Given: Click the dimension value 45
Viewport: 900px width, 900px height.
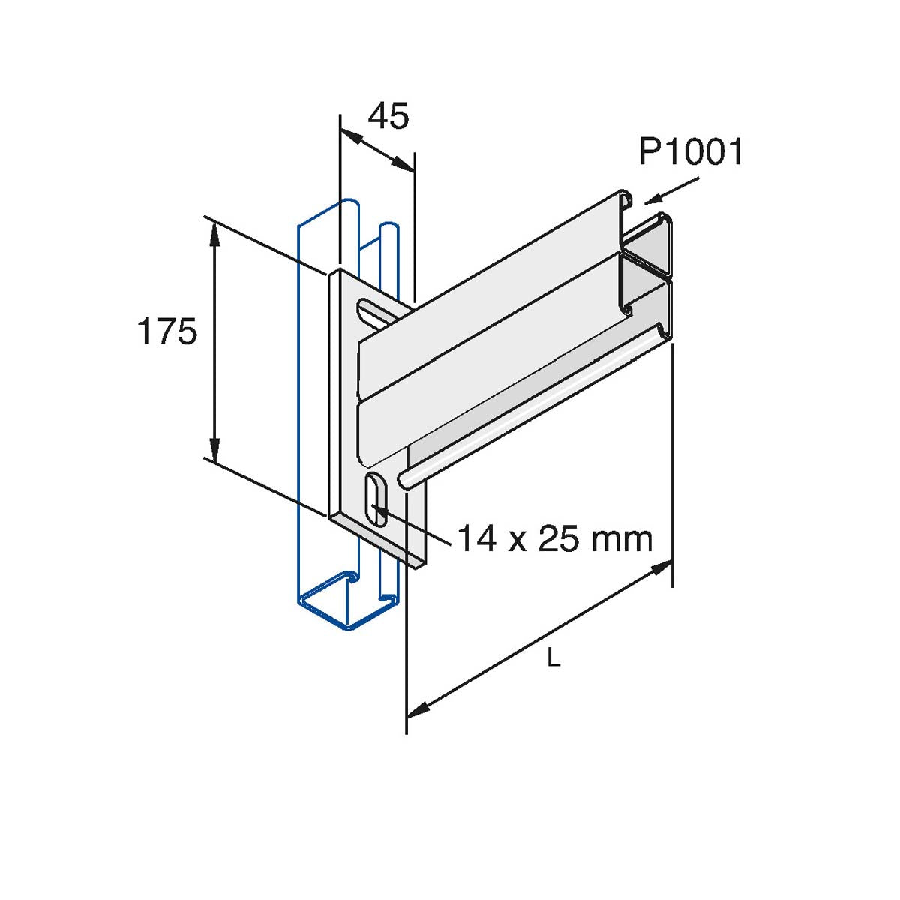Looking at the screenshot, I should (389, 117).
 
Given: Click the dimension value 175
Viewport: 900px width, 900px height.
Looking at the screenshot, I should (166, 331).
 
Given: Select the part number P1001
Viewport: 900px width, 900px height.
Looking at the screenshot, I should (691, 152).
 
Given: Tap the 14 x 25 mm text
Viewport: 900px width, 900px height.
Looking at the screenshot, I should (555, 538).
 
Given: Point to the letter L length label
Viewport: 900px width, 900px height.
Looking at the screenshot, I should (553, 660).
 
